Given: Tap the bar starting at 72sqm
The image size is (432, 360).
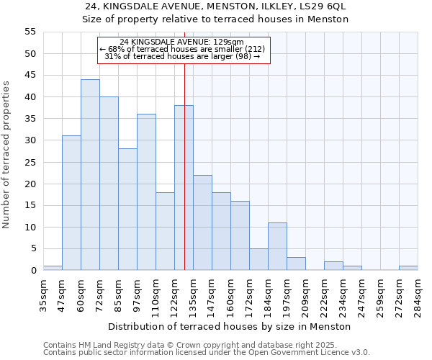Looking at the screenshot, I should point(109,184).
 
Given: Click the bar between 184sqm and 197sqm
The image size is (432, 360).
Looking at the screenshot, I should point(277,247).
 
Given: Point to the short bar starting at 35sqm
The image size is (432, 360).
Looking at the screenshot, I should point(53,268).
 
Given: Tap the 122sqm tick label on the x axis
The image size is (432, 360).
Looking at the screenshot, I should point(175,295).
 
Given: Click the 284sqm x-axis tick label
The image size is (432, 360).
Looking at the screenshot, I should point(418,295).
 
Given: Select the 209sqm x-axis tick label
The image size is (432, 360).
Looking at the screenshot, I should point(306,295).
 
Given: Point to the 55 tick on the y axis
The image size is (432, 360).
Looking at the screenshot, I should point(30,32).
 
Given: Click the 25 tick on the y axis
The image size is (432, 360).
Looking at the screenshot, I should point(30,162).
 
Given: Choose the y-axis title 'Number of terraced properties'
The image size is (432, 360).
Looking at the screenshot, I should point(6,155).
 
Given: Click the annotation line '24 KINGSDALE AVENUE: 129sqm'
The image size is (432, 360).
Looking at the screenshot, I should point(182,42).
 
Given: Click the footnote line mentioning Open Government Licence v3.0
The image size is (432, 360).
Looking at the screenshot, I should point(207,352).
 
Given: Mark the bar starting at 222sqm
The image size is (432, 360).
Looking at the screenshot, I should point(333,266).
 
